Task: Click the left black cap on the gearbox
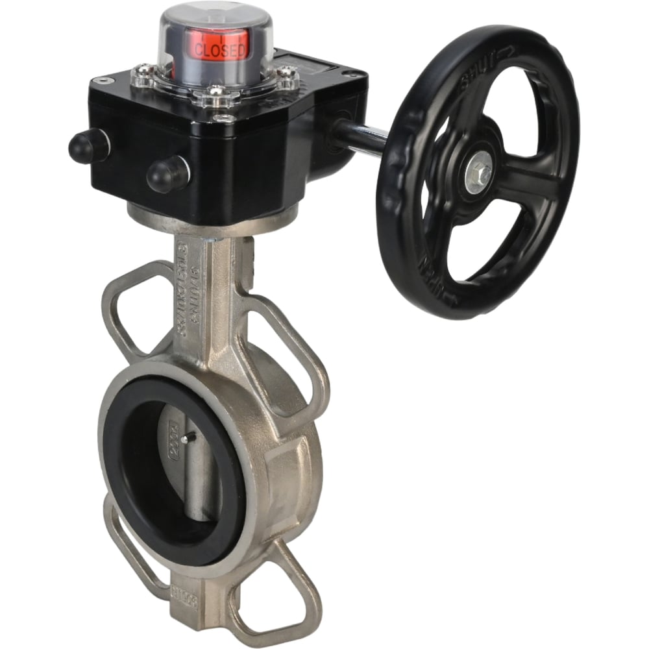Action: pyautogui.click(x=88, y=145)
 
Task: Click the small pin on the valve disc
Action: pyautogui.click(x=184, y=439)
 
